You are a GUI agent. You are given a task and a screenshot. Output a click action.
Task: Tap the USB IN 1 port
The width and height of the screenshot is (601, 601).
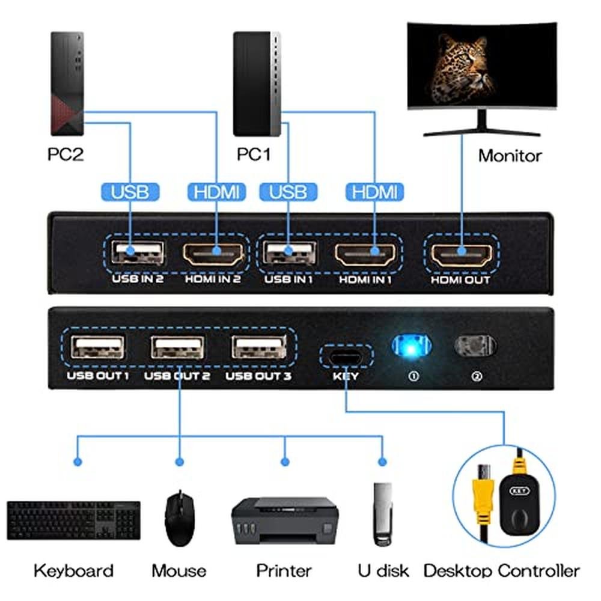click(289, 253)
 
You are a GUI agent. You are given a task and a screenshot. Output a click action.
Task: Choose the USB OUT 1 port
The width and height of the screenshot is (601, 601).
click(98, 347)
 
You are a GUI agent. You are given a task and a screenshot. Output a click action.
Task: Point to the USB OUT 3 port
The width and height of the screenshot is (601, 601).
click(258, 347)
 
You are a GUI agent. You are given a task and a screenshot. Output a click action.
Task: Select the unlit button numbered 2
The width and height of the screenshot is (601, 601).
click(475, 346)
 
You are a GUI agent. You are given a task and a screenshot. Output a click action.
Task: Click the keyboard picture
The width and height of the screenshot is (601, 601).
click(73, 520)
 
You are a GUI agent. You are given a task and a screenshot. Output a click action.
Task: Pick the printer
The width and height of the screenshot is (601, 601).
click(285, 520)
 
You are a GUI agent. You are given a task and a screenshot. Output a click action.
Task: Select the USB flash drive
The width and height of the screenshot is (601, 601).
click(382, 514)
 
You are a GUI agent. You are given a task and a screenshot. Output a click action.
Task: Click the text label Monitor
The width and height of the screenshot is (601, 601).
click(510, 156)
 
